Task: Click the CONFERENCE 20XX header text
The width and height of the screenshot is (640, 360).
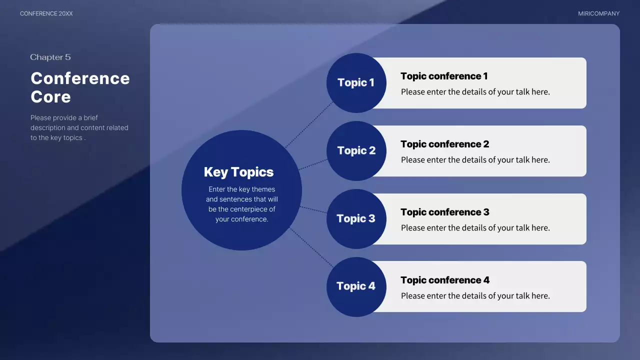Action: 46,13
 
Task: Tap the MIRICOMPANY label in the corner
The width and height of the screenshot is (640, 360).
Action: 598,13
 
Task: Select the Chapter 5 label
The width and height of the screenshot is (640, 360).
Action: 50,57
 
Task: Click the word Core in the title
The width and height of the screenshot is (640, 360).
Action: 50,96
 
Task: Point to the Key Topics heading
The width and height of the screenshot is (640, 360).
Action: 238,172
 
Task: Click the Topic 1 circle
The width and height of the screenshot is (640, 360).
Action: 356,83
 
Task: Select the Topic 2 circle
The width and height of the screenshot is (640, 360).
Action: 356,151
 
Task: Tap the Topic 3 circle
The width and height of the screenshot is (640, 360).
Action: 356,218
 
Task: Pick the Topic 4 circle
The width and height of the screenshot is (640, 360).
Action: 356,286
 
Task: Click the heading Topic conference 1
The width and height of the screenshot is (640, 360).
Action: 444,76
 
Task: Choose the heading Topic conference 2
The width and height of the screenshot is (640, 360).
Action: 444,144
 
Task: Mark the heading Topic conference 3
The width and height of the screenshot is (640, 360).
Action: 444,212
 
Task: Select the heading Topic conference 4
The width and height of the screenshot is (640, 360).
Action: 445,280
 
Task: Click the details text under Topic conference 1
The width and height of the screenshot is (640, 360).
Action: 475,92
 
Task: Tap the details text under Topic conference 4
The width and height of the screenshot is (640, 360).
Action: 475,296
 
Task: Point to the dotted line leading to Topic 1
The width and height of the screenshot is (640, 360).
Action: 309,125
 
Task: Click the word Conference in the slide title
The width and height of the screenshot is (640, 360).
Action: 80,78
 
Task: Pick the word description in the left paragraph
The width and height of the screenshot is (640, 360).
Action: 47,128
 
